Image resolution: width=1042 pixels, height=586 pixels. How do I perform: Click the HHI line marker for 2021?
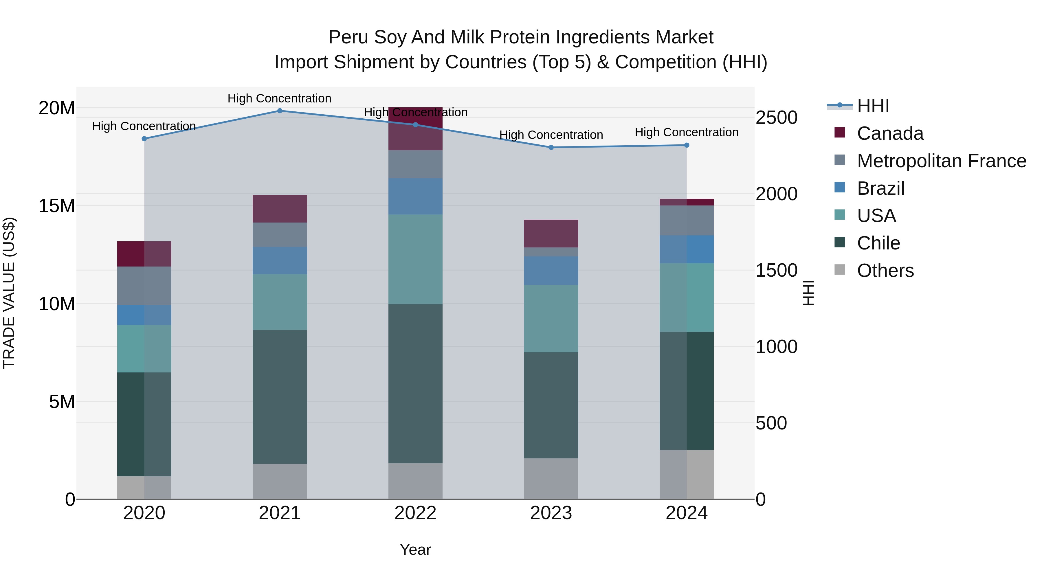pos(280,111)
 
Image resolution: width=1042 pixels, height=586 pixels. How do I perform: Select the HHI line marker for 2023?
pos(551,148)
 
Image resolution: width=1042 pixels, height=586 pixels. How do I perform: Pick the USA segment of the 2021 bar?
pos(280,302)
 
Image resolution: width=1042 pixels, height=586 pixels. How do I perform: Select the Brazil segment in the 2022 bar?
pos(415,196)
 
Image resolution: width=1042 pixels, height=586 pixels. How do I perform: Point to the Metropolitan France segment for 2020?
pos(144,286)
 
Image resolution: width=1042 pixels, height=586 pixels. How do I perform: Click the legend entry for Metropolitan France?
pos(941,161)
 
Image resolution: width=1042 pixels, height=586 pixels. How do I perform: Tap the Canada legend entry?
pos(890,133)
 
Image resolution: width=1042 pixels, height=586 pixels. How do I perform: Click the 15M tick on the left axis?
pos(57,206)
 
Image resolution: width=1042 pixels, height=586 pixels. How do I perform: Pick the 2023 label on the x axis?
pos(551,513)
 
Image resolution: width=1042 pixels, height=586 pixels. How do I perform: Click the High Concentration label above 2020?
pos(144,126)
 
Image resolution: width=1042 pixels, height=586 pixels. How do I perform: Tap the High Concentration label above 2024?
pos(687,132)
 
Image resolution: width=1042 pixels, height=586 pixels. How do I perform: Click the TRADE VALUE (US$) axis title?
pos(9,293)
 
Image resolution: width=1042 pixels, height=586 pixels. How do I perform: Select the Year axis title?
pos(415,550)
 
